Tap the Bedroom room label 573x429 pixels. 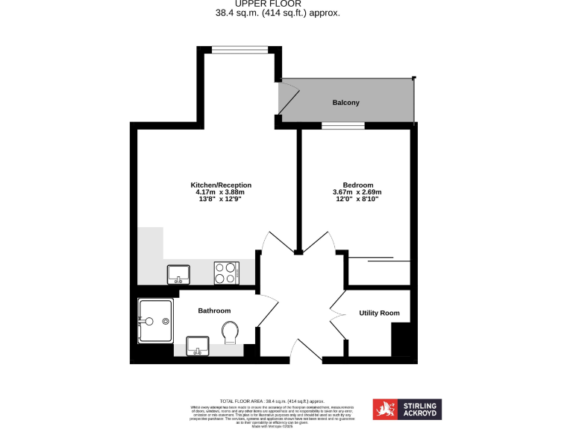[358, 185]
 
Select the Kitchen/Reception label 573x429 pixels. [221, 185]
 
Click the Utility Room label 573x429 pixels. [379, 313]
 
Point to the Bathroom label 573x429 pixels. [214, 311]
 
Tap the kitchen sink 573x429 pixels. [178, 275]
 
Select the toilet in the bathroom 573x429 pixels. [231, 332]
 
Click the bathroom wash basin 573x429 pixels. [198, 346]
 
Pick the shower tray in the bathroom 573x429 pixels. [155, 321]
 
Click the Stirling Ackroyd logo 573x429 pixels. [408, 409]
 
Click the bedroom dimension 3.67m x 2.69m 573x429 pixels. [358, 192]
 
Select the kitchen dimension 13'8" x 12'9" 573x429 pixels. [221, 200]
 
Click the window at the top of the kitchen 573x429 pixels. [238, 50]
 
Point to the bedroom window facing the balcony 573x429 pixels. [343, 126]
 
